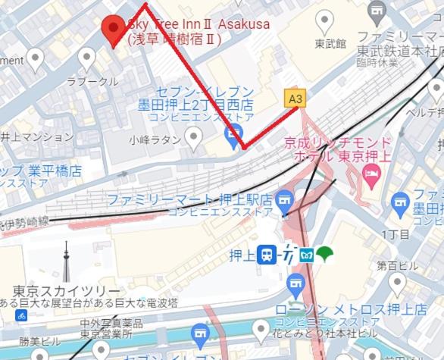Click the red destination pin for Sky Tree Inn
point(114,29)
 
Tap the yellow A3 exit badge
point(296,98)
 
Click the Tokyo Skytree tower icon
point(65,261)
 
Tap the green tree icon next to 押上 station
point(325,255)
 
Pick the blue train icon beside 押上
point(266,255)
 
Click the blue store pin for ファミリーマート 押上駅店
point(284,201)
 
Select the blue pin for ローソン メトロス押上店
point(295,286)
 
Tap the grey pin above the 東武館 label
point(325,20)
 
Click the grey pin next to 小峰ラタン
point(193,137)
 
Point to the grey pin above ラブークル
point(87,57)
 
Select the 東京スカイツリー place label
point(66,292)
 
